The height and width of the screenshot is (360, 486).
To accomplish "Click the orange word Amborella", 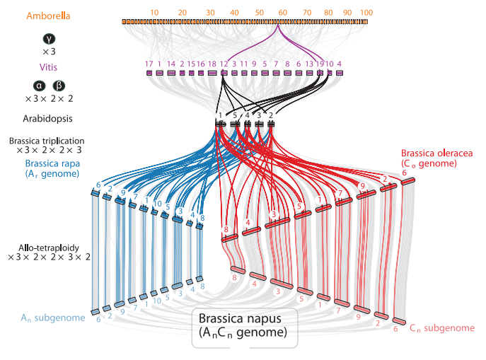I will [48, 16].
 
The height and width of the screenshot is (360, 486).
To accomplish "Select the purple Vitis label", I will [48, 67].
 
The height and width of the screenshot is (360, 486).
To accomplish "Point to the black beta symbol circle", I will [57, 86].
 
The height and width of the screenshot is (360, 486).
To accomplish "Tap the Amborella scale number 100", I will [366, 13].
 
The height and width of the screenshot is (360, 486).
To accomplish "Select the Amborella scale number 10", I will [155, 13].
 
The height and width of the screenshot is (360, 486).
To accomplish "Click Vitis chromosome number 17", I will [149, 64].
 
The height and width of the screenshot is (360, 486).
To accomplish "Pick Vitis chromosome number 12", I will [224, 64].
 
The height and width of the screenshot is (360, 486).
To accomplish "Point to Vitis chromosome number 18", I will [212, 64].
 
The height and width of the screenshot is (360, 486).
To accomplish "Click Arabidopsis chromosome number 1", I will [221, 115].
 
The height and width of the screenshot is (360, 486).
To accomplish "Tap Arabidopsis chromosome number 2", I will [271, 115].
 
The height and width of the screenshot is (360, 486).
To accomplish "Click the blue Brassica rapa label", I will [47, 163].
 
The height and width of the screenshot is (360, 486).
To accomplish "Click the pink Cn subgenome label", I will [441, 327].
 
